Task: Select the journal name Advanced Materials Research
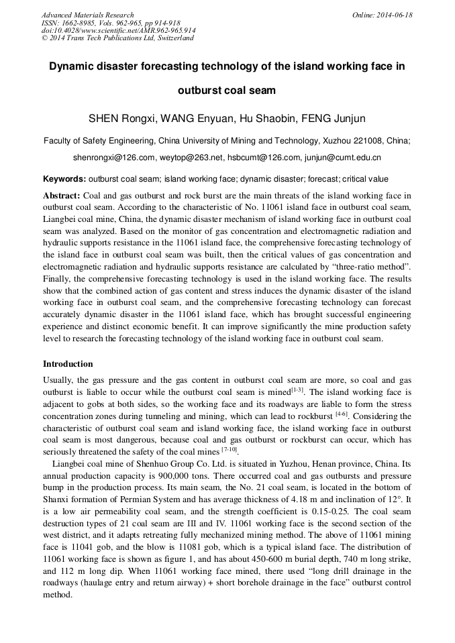pyautogui.click(x=87, y=15)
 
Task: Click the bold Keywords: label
pyautogui.click(x=64, y=179)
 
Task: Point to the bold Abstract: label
pyautogui.click(x=62, y=196)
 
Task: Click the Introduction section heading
pyautogui.click(x=68, y=364)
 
